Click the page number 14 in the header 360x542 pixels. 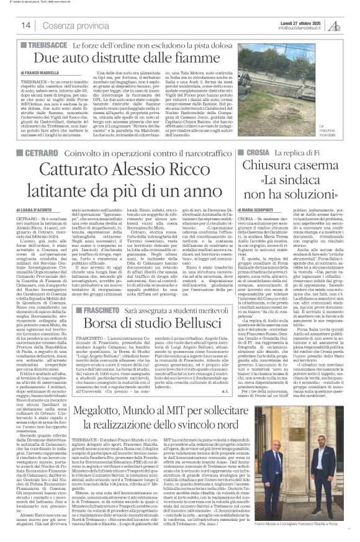26,24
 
